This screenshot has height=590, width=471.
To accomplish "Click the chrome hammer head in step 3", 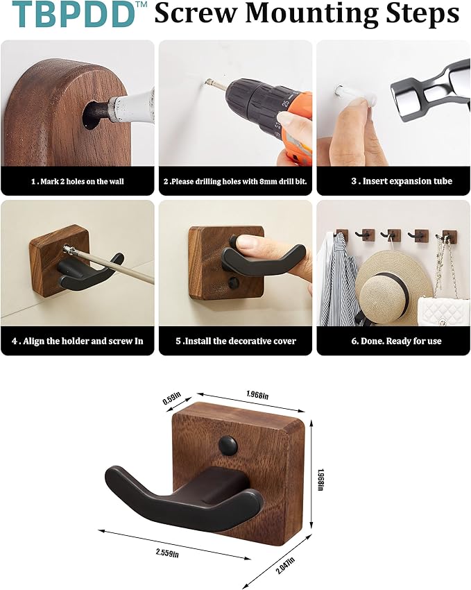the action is tap(431, 90).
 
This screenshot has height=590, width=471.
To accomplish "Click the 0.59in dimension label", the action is tap(172, 398).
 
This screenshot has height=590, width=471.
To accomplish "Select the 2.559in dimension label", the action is tap(167, 553).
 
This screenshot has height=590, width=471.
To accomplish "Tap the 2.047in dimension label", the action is tap(285, 565).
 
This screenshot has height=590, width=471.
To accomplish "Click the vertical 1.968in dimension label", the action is tap(320, 480).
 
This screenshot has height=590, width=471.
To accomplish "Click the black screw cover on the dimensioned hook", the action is tap(228, 445).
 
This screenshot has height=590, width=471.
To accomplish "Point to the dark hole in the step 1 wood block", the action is tap(92, 115).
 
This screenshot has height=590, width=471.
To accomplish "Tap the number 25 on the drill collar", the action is tap(286, 103).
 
